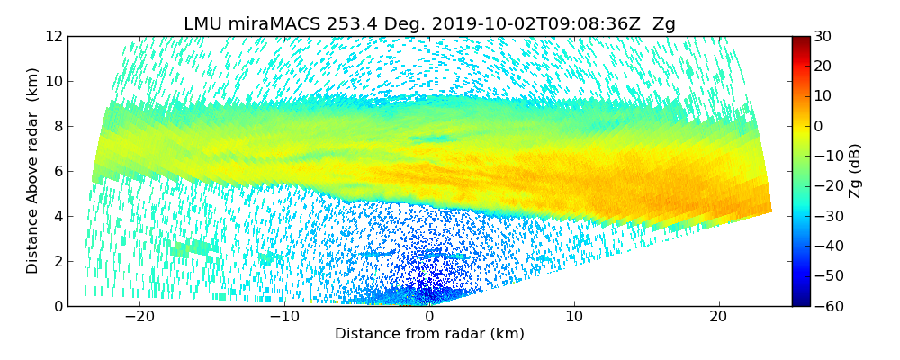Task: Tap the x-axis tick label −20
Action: (x=139, y=317)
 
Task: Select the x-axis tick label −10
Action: (x=284, y=317)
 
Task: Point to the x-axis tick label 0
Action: (x=429, y=317)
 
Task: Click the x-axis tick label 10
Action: (x=574, y=317)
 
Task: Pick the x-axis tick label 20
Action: (x=718, y=317)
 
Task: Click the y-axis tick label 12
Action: (x=53, y=36)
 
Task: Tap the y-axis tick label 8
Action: (x=57, y=126)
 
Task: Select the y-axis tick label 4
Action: (x=57, y=216)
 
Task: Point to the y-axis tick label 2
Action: (x=57, y=261)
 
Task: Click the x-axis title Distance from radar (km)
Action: (x=429, y=334)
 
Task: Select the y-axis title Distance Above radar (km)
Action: (x=32, y=171)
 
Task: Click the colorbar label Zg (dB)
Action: (x=855, y=171)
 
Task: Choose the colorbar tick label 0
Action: (x=819, y=126)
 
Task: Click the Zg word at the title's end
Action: (x=664, y=23)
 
